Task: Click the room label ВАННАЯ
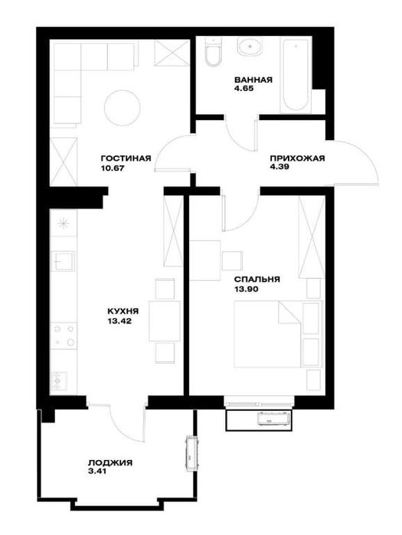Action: tap(253, 80)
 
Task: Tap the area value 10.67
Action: tap(112, 168)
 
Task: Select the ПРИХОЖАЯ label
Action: tap(297, 158)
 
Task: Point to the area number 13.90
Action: tap(246, 289)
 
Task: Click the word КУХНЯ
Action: tap(123, 312)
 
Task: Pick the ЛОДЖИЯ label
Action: tap(110, 463)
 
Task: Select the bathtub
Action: tap(296, 75)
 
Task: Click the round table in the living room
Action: tap(123, 108)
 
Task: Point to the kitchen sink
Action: tap(63, 261)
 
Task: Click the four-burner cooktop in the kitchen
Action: tap(64, 335)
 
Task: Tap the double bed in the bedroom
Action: tap(278, 334)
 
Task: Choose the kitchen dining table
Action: tap(165, 321)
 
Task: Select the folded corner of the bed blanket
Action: tap(289, 312)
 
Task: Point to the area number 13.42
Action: tap(119, 321)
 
